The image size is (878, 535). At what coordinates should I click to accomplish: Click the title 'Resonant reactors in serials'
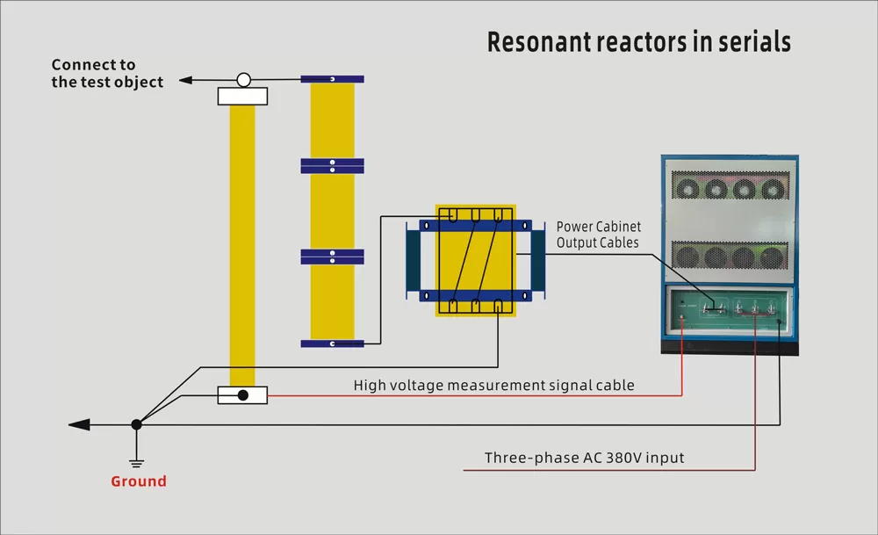point(638,41)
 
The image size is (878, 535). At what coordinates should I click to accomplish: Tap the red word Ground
point(138,481)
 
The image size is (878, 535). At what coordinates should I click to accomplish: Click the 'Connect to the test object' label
point(106,73)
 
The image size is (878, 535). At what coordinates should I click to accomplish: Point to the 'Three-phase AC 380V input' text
point(584,458)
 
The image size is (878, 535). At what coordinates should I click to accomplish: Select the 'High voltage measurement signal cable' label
point(493,385)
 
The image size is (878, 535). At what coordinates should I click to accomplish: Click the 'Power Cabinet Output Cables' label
point(599,235)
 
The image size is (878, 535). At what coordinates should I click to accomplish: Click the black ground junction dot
point(136,424)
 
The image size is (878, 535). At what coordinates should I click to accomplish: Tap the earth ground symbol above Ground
point(136,459)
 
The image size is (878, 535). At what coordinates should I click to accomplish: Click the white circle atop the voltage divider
point(243,80)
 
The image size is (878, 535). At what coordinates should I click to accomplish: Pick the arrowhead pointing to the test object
point(184,81)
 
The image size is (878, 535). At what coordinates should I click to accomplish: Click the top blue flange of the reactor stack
point(332,79)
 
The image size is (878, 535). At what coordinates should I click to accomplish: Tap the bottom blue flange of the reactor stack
point(332,343)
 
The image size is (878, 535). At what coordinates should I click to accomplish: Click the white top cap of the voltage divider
point(242,97)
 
